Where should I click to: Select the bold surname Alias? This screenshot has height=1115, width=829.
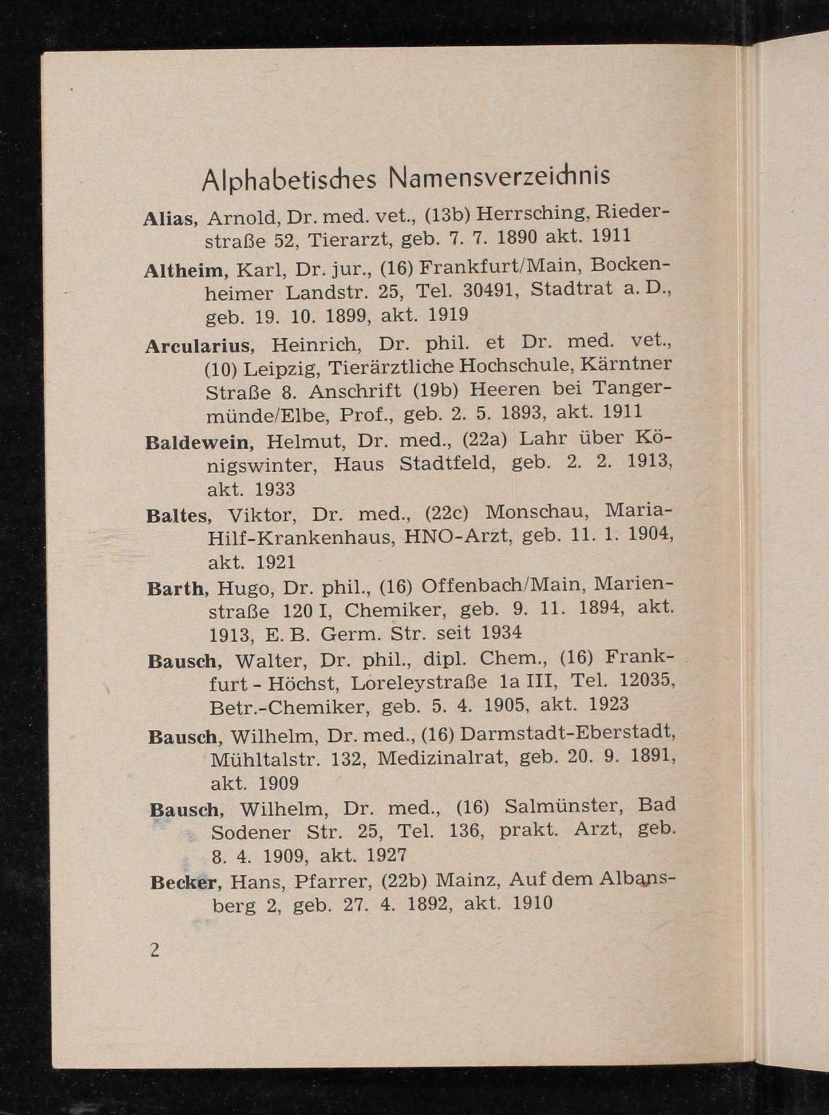170,218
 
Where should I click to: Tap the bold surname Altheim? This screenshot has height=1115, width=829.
185,269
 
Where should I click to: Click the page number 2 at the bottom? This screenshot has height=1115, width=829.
153,951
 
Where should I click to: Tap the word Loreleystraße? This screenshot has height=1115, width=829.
419,683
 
